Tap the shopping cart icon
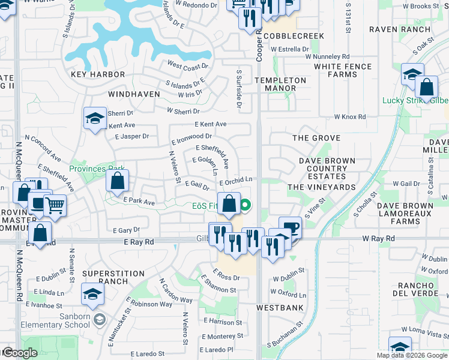[x=55, y=205]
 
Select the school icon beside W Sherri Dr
[x=95, y=118]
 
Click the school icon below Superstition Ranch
[x=92, y=293]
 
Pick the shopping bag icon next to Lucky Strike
[x=426, y=87]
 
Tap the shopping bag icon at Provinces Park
[x=118, y=180]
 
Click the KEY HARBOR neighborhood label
[x=98, y=74]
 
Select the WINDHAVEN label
[x=134, y=94]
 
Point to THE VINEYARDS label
[x=321, y=187]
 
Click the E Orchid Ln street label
[x=235, y=179]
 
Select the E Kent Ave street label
[x=210, y=124]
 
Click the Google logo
[x=19, y=353]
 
